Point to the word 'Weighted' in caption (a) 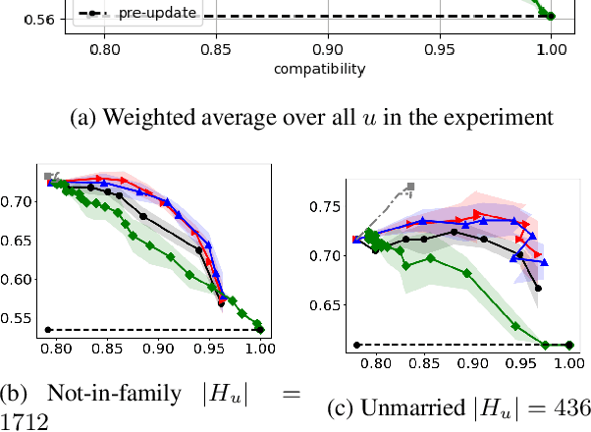coord(160,120)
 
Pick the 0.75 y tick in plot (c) coord(325,207)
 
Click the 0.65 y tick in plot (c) coord(325,305)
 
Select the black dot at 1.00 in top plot coord(551,16)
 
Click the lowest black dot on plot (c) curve coord(538,289)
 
